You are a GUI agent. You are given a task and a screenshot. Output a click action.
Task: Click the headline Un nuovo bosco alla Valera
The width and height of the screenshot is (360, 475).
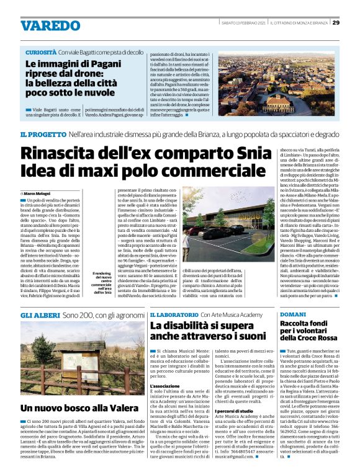(x=79, y=408)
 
